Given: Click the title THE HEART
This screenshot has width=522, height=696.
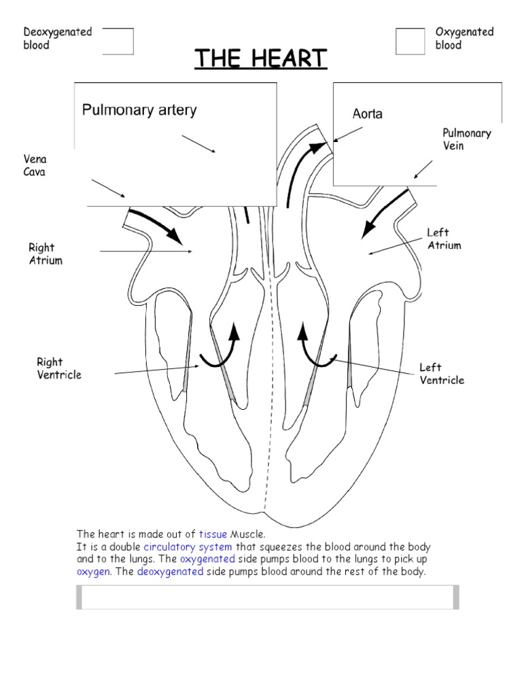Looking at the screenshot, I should (x=261, y=58).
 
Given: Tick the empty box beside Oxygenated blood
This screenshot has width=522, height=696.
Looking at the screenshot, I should (x=410, y=41).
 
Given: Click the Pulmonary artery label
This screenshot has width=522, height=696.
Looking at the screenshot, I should (x=139, y=110).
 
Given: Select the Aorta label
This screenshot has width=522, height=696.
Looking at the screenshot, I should (x=367, y=114).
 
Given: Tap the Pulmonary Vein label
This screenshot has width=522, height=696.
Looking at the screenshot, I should (x=466, y=139).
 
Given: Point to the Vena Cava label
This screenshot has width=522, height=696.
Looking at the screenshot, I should (x=35, y=166).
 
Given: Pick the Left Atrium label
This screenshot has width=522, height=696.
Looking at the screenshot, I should (x=444, y=239).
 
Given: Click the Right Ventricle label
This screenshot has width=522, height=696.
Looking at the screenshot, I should (x=59, y=368).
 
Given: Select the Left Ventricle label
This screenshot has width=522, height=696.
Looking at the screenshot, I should (x=442, y=374).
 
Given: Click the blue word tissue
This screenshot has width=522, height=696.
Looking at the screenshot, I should (x=213, y=534).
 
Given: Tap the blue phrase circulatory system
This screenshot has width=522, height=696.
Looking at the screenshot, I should (x=188, y=547).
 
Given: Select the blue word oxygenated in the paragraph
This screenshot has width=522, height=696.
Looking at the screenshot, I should (x=207, y=559).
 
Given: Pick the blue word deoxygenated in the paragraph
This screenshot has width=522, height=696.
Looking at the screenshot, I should (x=170, y=572).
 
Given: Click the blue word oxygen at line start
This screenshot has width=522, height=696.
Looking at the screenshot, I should (x=93, y=572).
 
